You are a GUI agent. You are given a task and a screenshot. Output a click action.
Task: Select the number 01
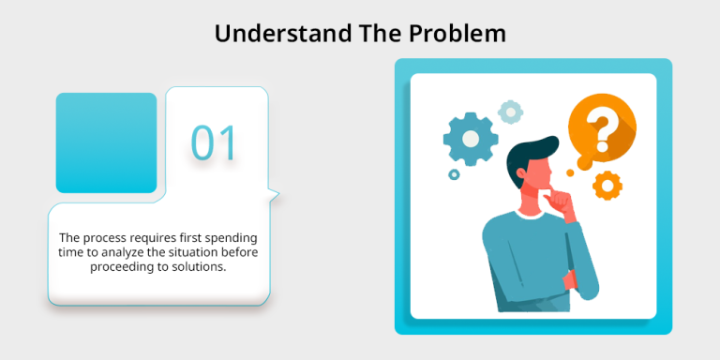pos(215,142)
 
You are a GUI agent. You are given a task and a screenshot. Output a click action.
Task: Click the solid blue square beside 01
pos(106,142)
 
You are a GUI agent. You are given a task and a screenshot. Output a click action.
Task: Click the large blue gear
pos(471,139)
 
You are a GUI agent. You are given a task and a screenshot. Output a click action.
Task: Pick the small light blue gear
pos(510,112)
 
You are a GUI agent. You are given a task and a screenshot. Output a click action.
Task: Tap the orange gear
pos(607,186)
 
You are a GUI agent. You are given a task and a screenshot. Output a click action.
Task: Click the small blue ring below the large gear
pos(454,174)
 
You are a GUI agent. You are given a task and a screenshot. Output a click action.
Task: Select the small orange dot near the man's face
pos(570,172)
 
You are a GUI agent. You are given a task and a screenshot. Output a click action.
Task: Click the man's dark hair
pos(530,157)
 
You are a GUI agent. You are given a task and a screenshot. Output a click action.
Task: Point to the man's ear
pos(520,173)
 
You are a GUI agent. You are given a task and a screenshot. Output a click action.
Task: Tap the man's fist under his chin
pos(562,202)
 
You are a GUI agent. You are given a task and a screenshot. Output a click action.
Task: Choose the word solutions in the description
pos(204,267)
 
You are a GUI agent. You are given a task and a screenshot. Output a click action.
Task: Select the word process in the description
pos(96,239)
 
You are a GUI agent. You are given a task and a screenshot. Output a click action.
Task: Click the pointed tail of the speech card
pos(277,193)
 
